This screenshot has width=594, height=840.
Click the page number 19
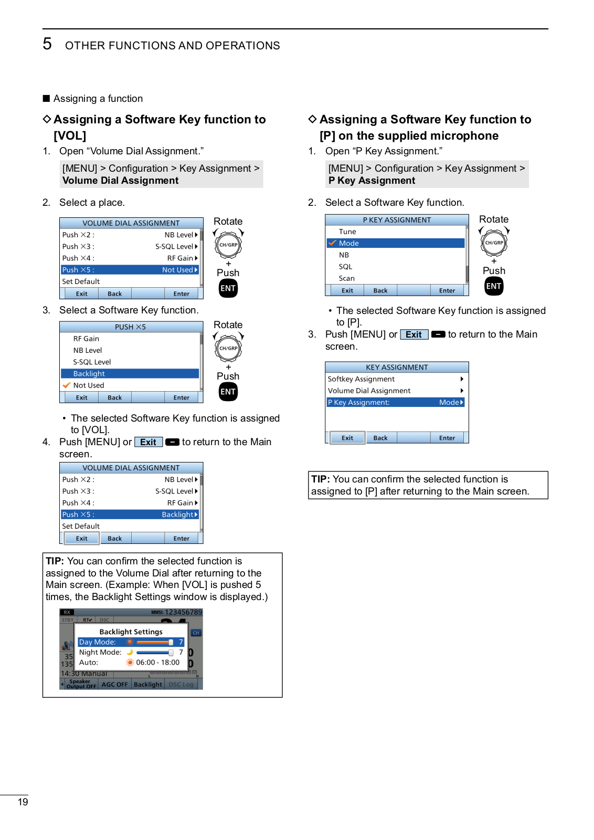pos(23,802)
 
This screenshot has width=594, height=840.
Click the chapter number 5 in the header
pos(47,44)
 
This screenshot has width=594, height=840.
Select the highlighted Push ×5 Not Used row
pos(130,270)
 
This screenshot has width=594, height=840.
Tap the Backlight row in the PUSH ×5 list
pos(130,374)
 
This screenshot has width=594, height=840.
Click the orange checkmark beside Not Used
pos(67,385)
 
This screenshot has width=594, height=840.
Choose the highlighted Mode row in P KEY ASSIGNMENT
pos(396,243)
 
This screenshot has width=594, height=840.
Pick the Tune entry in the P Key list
pos(347,232)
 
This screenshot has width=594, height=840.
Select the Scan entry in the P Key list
pos(347,278)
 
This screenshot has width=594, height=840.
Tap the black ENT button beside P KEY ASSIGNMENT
pos(494,286)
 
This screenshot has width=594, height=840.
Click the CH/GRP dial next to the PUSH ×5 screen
pos(228,349)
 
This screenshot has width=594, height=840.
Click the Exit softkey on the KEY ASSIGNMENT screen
pos(347,438)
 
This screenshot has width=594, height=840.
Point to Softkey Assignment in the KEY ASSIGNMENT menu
pos(361,379)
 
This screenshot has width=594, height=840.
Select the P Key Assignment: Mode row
pos(396,403)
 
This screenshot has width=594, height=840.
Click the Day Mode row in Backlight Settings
pos(131,642)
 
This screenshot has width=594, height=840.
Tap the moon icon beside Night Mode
pos(130,652)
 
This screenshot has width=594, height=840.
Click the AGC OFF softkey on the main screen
pos(114,685)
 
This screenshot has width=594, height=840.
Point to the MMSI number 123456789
pos(183,612)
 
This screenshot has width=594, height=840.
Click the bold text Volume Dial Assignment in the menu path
pos(121,181)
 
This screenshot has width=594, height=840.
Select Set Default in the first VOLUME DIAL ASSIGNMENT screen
pos(81,281)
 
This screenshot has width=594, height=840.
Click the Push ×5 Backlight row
pos(130,514)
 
